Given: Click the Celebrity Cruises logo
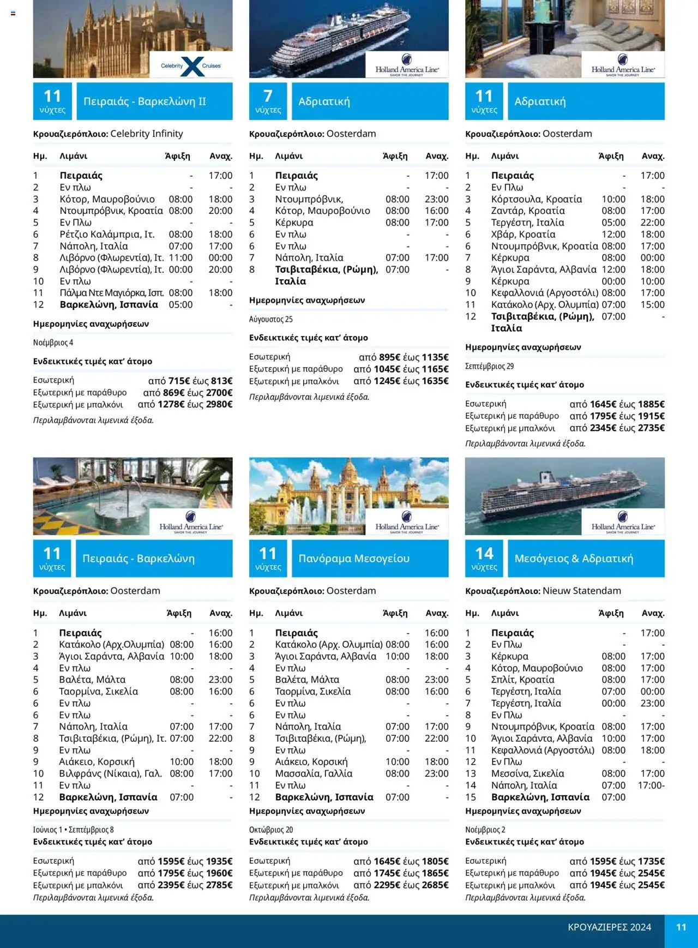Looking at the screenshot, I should click(x=191, y=66).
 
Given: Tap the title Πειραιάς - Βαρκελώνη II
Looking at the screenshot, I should click(x=145, y=101).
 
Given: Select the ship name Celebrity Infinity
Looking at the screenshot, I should click(x=146, y=134).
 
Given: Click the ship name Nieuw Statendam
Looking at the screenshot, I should click(x=581, y=591).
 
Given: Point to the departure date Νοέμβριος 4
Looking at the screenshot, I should click(x=53, y=343).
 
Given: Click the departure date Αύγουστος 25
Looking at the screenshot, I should click(x=270, y=319).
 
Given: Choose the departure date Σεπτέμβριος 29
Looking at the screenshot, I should click(x=489, y=366).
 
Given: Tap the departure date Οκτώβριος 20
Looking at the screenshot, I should click(x=271, y=830).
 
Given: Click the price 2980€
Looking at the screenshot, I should click(x=219, y=404).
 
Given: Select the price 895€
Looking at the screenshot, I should click(x=390, y=357).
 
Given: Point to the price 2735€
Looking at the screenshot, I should click(x=651, y=428).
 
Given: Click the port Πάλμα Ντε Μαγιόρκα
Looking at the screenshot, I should click(x=111, y=293).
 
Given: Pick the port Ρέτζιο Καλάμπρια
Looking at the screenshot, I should click(x=107, y=234).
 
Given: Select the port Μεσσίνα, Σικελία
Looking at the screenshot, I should click(x=527, y=773).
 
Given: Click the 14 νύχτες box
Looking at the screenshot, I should click(x=484, y=559).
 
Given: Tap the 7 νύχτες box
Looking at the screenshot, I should click(x=268, y=101).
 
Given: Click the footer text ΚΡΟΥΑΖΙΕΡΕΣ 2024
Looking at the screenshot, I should click(x=609, y=927).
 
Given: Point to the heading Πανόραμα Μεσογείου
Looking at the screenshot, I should click(x=354, y=559).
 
